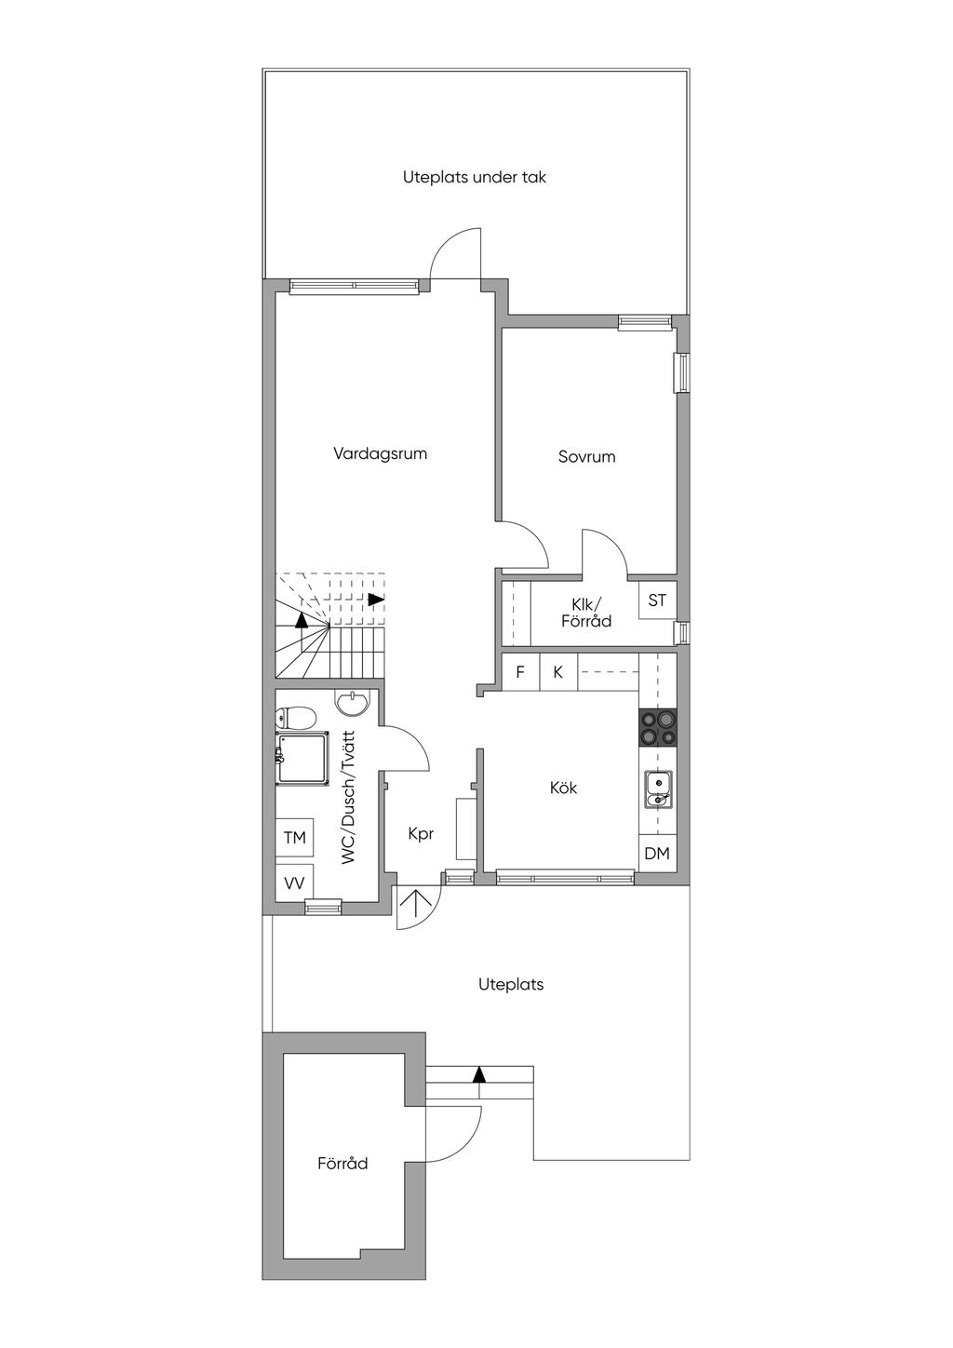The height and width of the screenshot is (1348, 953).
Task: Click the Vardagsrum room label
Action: click(x=380, y=454)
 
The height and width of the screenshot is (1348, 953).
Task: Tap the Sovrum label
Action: click(x=586, y=457)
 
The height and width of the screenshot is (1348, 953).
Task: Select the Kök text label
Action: click(x=563, y=788)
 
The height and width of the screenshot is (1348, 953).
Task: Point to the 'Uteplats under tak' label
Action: click(x=475, y=177)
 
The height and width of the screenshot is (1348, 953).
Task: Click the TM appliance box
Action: click(x=294, y=838)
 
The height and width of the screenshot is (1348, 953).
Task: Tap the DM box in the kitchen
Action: click(x=657, y=854)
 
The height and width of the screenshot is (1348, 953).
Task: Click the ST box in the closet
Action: click(x=657, y=600)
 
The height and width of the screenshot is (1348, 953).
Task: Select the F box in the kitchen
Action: click(x=520, y=672)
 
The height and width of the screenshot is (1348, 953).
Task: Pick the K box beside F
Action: click(x=558, y=672)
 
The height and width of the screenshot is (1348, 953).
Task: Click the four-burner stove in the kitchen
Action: click(x=657, y=727)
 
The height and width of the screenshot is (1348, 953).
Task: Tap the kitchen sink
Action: click(x=657, y=789)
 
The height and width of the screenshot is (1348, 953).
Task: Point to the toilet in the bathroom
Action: click(x=295, y=718)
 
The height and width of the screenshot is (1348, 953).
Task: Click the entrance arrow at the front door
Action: click(x=415, y=904)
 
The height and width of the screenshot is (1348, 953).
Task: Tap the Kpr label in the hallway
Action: click(x=421, y=834)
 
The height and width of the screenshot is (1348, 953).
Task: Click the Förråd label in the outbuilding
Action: click(x=342, y=1164)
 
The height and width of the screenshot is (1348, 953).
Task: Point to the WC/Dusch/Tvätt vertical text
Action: click(x=349, y=799)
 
